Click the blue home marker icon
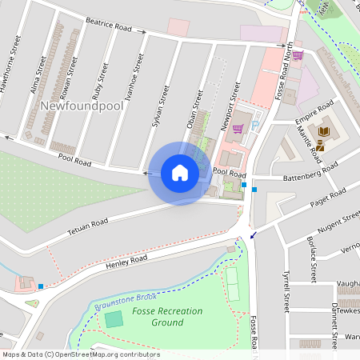pyautogui.click(x=180, y=172)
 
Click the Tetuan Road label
pyautogui.click(x=87, y=224)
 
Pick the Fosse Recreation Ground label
pyautogui.click(x=167, y=317)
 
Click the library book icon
pyautogui.click(x=324, y=132)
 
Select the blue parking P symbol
pyautogui.click(x=255, y=125)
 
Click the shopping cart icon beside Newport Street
pyautogui.click(x=238, y=128)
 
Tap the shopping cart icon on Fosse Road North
pyautogui.click(x=298, y=55)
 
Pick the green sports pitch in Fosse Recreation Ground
pyautogui.click(x=114, y=319)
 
